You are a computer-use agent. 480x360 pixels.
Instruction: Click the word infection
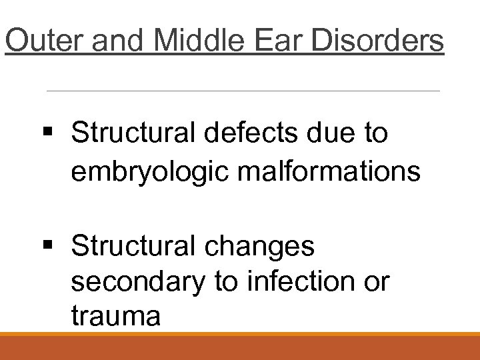[x=303, y=283]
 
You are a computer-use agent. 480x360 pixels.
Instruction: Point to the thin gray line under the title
[x=243, y=90]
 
